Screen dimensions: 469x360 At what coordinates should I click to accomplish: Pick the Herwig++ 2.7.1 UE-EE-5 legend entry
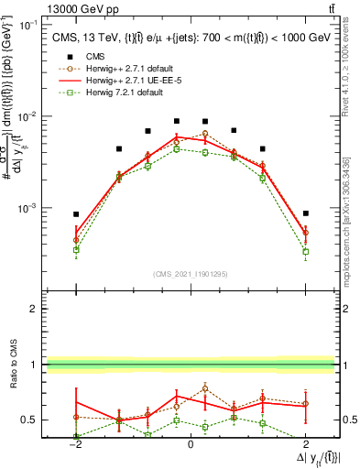[x=128, y=80]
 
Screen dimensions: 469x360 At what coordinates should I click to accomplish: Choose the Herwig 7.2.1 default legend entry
[x=123, y=92]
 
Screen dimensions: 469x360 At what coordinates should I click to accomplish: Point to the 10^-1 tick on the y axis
[x=29, y=26]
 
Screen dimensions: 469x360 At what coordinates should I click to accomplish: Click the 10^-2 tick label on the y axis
[x=29, y=117]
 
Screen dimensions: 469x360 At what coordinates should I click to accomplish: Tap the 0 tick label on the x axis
[x=191, y=443]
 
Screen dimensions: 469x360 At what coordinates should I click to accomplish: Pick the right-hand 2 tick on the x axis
[x=305, y=443]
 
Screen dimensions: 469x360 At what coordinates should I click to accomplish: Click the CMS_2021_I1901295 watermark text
[x=190, y=274]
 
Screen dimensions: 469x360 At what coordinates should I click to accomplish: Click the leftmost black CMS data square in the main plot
[x=77, y=214]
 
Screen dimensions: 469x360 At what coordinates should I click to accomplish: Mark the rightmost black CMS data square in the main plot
[x=306, y=213]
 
